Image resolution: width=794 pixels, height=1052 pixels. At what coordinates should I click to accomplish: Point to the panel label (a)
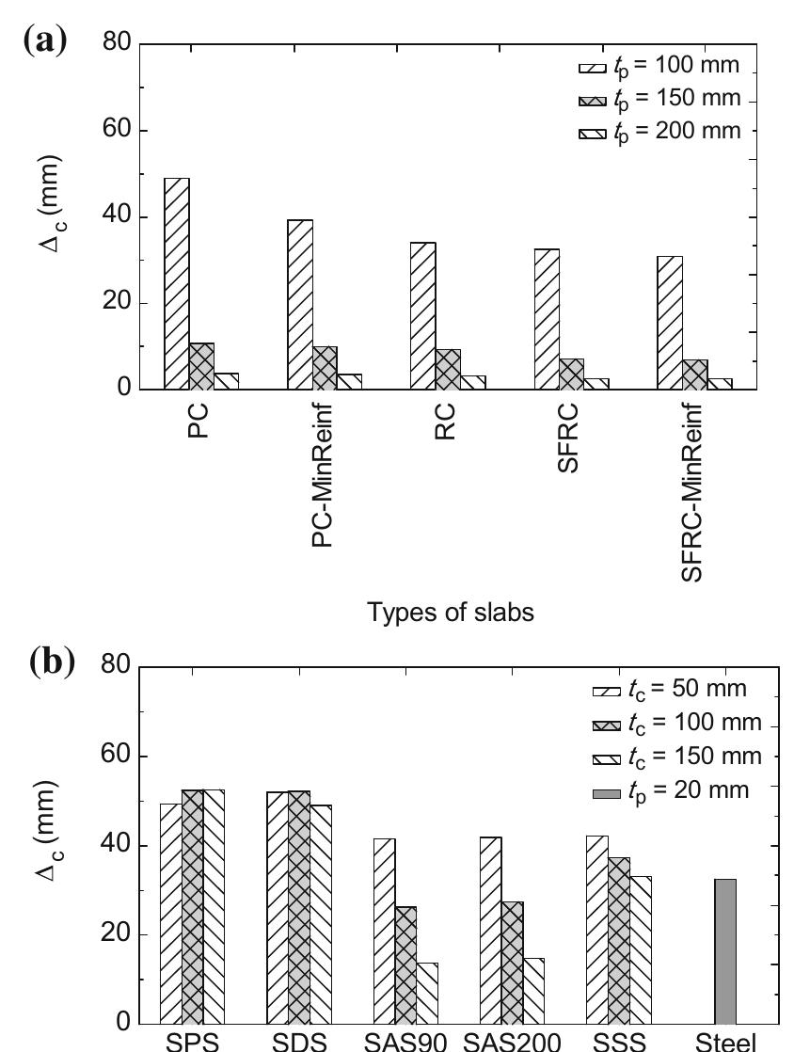40,42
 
